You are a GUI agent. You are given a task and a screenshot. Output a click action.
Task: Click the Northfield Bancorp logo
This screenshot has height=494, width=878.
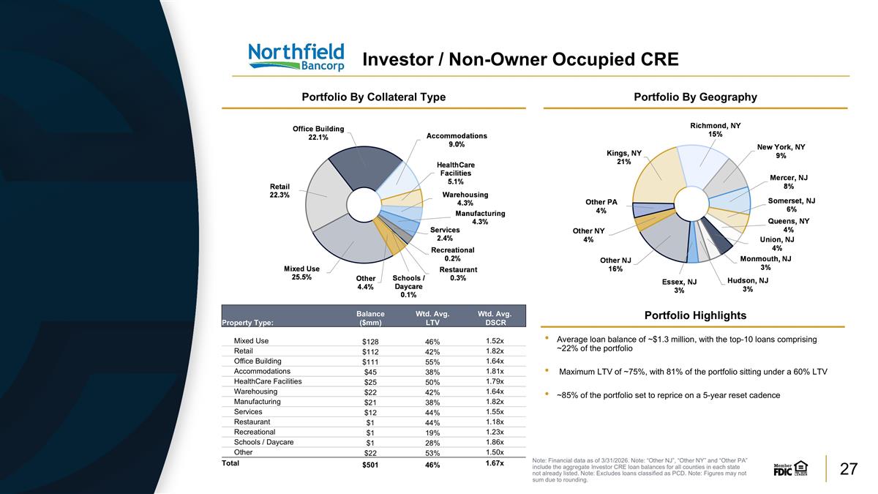click(296, 57)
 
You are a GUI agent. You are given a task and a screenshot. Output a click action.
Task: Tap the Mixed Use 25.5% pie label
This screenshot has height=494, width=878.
click(301, 273)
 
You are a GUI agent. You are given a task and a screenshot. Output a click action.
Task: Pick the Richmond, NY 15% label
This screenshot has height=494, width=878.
click(716, 130)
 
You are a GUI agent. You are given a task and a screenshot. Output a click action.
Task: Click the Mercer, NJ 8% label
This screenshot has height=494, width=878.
click(789, 182)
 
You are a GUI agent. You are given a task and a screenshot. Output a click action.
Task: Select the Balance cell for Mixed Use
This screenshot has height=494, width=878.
click(370, 342)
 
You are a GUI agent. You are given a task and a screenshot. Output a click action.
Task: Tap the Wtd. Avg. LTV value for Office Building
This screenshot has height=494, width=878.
click(432, 362)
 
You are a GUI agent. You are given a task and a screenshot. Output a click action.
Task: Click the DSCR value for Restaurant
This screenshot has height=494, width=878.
click(495, 422)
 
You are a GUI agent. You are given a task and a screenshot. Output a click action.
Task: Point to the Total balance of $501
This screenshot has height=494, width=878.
click(370, 465)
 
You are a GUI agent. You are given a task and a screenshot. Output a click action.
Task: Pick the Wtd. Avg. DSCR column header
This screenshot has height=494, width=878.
click(495, 318)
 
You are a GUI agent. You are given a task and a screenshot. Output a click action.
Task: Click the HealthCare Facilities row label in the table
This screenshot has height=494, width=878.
click(268, 381)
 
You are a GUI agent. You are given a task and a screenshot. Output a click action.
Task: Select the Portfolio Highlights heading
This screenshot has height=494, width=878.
click(695, 315)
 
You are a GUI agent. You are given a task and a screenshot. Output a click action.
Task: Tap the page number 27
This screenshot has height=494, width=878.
click(849, 469)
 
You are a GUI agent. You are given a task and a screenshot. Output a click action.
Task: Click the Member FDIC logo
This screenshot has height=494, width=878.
click(790, 468)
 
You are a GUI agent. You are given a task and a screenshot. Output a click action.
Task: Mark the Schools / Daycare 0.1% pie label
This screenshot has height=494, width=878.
click(408, 286)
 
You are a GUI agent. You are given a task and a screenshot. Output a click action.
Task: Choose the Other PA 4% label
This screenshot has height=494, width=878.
click(601, 206)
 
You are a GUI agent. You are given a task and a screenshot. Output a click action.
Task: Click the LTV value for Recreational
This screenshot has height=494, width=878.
click(432, 433)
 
